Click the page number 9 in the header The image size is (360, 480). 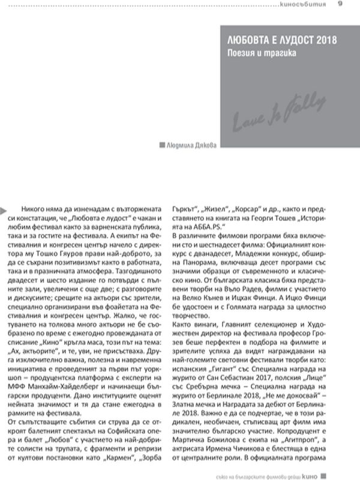[x=340, y=5]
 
